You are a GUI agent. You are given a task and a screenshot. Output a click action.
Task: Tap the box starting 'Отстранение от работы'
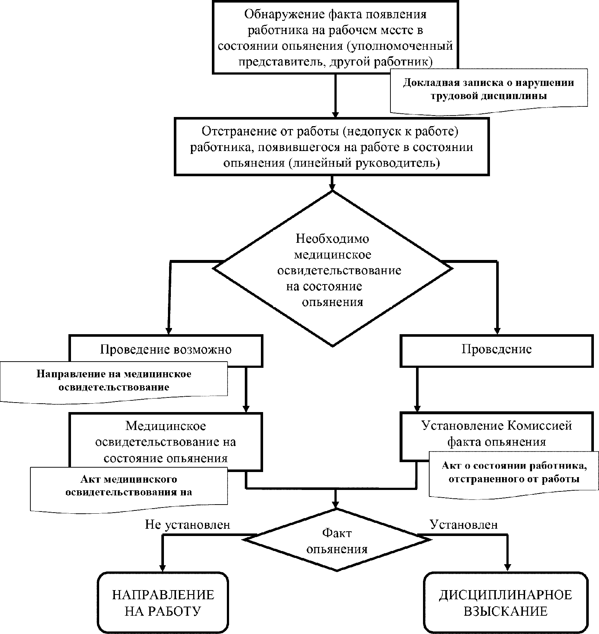(332, 146)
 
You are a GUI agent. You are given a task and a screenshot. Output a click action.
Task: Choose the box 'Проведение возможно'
(166, 350)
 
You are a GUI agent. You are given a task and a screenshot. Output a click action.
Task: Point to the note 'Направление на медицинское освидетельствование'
(114, 381)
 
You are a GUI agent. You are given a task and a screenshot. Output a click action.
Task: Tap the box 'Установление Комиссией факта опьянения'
(497, 434)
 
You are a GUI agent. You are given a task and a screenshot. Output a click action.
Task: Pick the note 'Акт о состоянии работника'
(514, 472)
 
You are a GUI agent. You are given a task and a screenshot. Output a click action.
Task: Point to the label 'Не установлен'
(188, 525)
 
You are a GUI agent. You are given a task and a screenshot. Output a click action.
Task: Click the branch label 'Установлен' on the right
(464, 525)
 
